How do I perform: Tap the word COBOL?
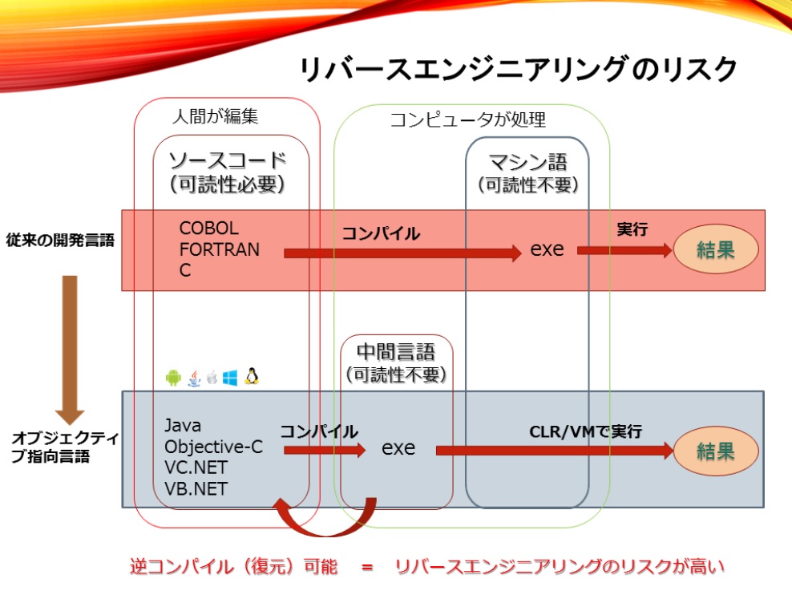click(x=208, y=229)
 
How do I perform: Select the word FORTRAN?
click(x=220, y=249)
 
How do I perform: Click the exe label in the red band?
click(x=548, y=249)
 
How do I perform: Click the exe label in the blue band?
click(x=398, y=448)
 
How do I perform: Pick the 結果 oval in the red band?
click(x=715, y=250)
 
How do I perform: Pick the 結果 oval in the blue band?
click(x=715, y=451)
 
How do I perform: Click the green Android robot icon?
click(x=173, y=378)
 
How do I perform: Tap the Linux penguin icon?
click(x=252, y=376)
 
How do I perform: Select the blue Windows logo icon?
click(x=231, y=378)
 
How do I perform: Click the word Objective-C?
click(x=213, y=447)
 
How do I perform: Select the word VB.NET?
click(x=196, y=488)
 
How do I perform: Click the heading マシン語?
click(x=527, y=163)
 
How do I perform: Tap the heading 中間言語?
click(x=396, y=352)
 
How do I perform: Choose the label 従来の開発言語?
click(x=60, y=241)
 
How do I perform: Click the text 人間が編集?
click(x=216, y=117)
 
